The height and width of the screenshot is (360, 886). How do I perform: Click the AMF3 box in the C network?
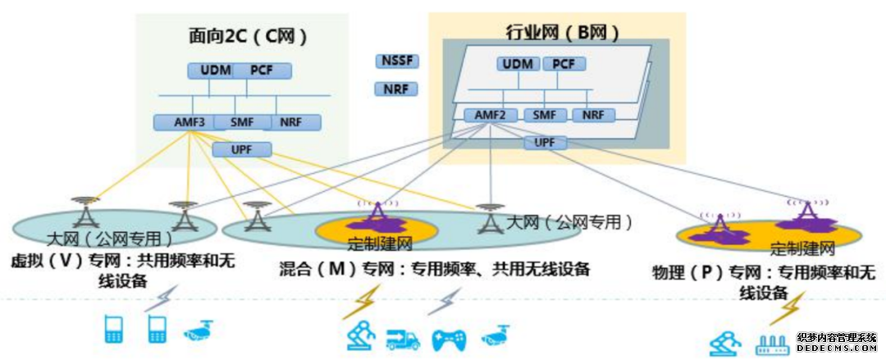184,123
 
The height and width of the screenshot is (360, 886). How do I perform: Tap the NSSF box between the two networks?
396,62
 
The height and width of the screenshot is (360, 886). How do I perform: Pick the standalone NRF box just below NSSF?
396,89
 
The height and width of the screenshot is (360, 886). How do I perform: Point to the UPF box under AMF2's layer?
545,143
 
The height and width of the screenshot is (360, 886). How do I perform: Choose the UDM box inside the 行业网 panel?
518,64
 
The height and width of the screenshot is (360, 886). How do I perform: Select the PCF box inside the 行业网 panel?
563,64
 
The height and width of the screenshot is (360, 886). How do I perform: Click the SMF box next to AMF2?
544,116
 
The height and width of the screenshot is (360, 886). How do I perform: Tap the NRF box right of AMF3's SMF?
290,123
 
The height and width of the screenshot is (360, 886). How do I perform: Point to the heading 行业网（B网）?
561,33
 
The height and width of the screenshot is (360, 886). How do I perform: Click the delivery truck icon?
403,338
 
